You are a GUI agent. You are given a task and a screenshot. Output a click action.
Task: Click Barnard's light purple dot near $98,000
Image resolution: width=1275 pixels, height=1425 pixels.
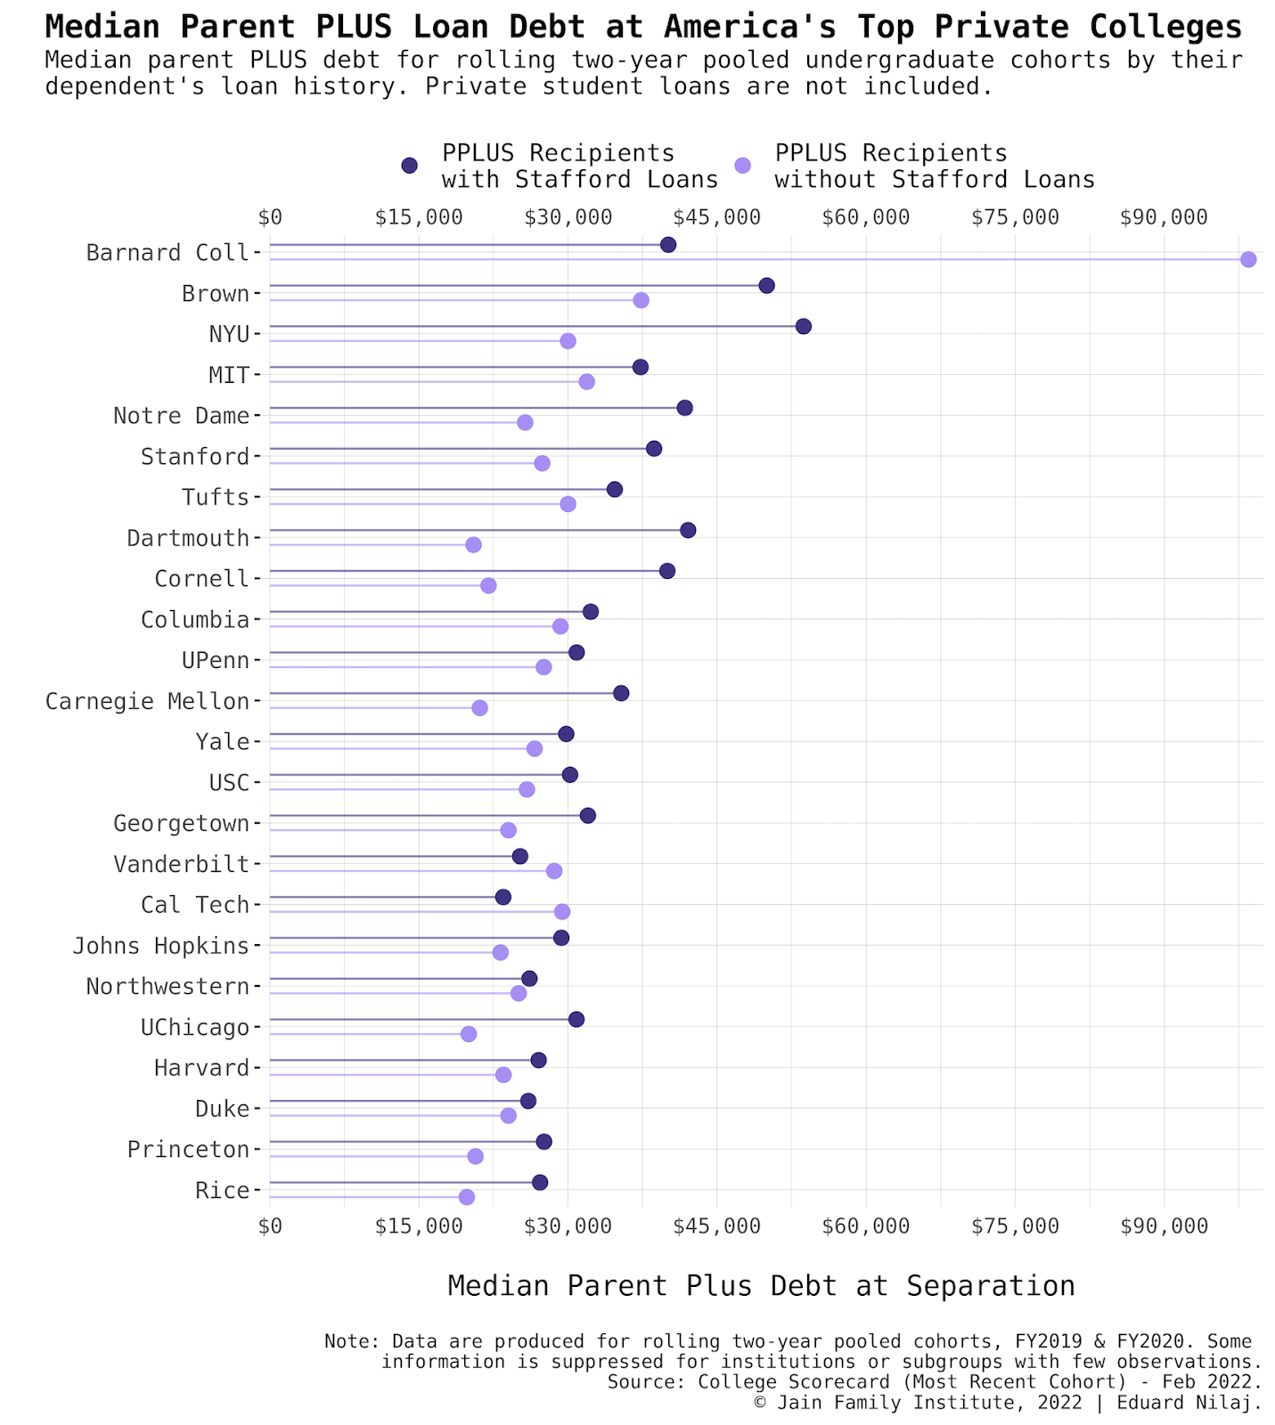[1247, 259]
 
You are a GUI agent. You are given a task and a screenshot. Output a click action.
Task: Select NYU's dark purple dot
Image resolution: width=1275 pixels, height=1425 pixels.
[803, 326]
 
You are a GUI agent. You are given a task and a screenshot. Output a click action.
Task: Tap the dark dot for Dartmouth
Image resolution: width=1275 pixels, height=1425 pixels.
[687, 530]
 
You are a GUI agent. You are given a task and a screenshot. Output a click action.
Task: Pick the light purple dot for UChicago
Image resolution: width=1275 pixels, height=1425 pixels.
[469, 1034]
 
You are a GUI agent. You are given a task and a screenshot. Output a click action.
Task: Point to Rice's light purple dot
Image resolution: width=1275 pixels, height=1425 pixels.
[466, 1197]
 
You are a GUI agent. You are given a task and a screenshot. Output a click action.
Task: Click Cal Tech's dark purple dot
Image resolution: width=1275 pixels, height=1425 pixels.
[503, 897]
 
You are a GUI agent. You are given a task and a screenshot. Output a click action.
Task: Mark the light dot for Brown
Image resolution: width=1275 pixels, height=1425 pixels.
[641, 300]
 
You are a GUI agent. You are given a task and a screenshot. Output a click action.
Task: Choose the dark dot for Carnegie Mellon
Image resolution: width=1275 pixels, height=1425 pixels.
[621, 693]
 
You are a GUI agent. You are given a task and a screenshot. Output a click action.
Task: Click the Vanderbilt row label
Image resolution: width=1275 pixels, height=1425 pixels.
[181, 864]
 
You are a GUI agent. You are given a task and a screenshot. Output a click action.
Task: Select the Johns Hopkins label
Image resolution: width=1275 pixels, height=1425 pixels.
[160, 945]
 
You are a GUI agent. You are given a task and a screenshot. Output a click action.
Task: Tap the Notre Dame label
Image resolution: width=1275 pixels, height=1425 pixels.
[181, 415]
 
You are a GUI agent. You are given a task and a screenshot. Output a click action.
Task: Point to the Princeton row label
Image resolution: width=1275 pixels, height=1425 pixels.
[188, 1149]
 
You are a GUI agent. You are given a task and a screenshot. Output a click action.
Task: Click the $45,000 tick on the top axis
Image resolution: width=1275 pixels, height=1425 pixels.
[716, 217]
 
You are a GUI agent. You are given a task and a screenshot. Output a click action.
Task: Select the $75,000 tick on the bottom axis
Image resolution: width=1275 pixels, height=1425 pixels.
[1015, 1226]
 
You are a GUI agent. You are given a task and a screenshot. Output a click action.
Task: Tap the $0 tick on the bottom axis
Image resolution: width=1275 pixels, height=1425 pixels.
[270, 1226]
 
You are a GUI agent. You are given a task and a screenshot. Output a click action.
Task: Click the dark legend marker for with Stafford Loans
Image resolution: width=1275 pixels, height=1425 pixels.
[409, 166]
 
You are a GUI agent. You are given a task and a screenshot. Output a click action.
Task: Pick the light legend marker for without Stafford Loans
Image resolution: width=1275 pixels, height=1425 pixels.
[742, 166]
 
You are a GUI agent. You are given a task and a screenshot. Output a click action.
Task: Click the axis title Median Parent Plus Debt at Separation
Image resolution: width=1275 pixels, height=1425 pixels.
[761, 1285]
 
